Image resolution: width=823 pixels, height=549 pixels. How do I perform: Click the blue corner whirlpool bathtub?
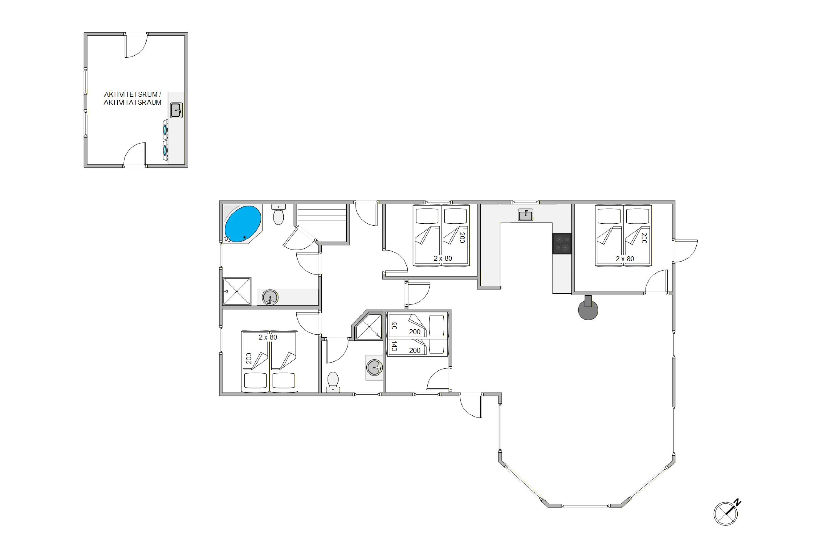[243, 224]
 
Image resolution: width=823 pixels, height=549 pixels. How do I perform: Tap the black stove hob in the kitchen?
[561, 243]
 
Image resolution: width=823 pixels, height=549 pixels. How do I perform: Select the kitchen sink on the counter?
[525, 215]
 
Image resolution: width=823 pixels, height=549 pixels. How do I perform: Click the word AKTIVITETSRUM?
[131, 94]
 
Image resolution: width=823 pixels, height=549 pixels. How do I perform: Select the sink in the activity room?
[176, 110]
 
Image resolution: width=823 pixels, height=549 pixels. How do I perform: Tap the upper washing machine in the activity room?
[165, 130]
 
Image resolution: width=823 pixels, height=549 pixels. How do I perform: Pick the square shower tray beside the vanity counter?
[237, 291]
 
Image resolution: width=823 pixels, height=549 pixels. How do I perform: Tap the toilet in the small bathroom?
[332, 382]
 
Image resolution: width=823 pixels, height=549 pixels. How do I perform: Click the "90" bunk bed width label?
[394, 325]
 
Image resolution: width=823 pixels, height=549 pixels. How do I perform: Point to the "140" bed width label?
[394, 346]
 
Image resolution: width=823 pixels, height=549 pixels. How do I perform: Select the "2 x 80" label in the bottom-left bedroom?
[268, 337]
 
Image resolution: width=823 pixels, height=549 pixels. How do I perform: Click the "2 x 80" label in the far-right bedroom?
[625, 259]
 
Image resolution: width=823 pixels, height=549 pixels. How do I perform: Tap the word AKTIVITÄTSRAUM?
[132, 103]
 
